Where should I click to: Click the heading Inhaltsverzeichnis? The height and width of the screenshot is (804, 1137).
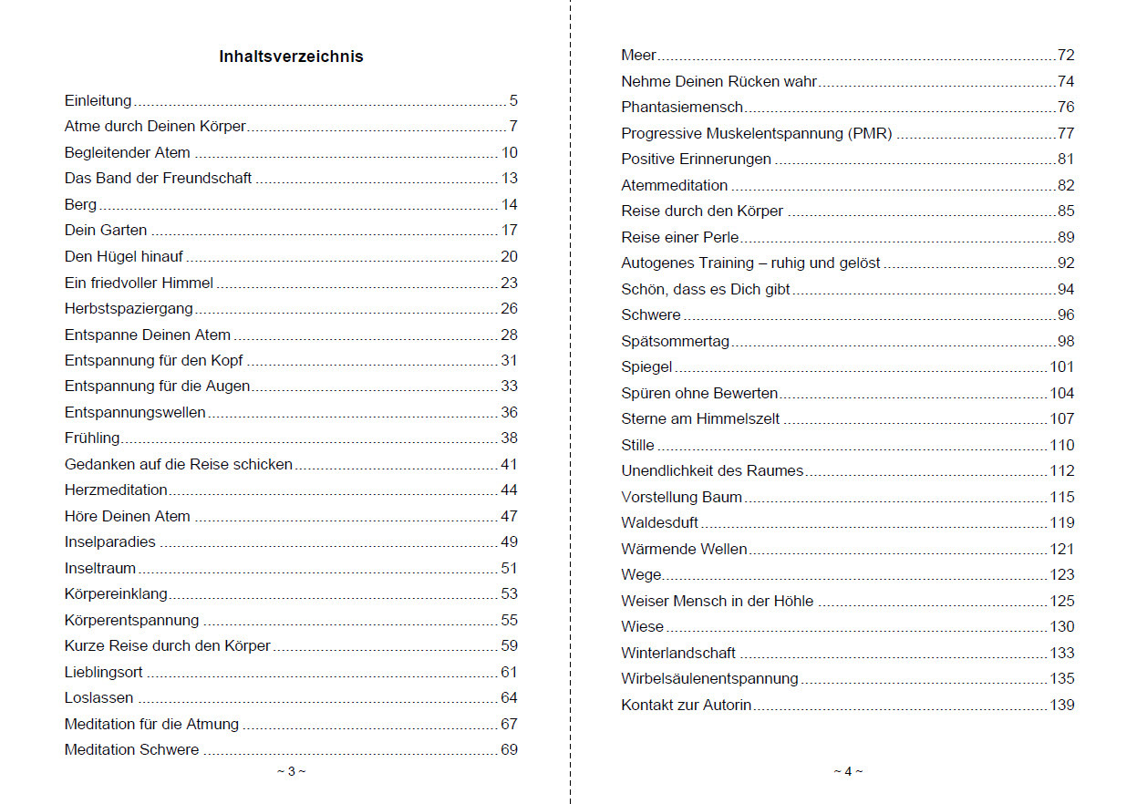pyautogui.click(x=291, y=57)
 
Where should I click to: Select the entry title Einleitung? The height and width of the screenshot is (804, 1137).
pyautogui.click(x=98, y=101)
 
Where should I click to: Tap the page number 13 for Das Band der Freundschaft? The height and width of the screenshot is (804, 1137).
pyautogui.click(x=509, y=179)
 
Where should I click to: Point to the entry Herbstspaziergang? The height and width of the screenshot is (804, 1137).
pyautogui.click(x=129, y=309)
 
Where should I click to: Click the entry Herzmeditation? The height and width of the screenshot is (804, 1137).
pyautogui.click(x=116, y=490)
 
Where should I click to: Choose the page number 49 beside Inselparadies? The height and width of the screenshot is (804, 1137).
pyautogui.click(x=509, y=542)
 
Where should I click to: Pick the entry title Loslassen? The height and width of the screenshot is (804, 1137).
pyautogui.click(x=98, y=698)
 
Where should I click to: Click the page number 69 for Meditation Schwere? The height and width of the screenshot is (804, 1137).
pyautogui.click(x=509, y=750)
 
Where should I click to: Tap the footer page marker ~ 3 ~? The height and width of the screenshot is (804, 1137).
pyautogui.click(x=291, y=771)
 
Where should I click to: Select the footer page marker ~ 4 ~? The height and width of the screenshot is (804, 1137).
pyautogui.click(x=847, y=771)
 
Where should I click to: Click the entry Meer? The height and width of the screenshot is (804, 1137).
pyautogui.click(x=638, y=56)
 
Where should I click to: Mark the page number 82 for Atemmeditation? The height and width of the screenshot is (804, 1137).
pyautogui.click(x=1066, y=186)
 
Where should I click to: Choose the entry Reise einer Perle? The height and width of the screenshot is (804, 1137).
pyautogui.click(x=679, y=238)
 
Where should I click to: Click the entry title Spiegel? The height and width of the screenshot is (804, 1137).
pyautogui.click(x=646, y=367)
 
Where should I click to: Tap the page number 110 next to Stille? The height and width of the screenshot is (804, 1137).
pyautogui.click(x=1062, y=446)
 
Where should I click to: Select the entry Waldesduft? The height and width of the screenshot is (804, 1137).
pyautogui.click(x=659, y=523)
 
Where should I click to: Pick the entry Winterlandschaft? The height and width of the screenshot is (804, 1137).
pyautogui.click(x=678, y=654)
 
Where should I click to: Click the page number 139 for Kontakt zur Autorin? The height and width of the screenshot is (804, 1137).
pyautogui.click(x=1062, y=706)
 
